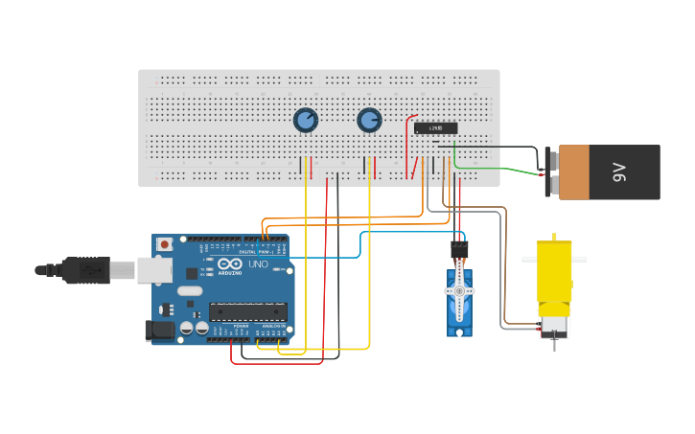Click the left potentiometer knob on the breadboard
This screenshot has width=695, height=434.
(x=305, y=120)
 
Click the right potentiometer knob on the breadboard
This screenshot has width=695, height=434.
(x=369, y=120)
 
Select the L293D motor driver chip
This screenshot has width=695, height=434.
(x=435, y=128)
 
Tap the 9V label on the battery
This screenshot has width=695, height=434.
(x=619, y=172)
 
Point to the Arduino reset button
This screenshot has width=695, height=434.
(x=165, y=244)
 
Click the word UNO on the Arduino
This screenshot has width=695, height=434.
(x=258, y=264)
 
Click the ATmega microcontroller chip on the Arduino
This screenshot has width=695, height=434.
(x=248, y=310)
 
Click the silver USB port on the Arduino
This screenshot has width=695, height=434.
(x=155, y=271)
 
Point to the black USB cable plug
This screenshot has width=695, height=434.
(x=86, y=271)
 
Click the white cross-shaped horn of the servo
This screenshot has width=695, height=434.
(x=460, y=292)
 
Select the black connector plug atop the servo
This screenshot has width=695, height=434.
(x=460, y=249)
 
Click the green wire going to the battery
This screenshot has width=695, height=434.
(x=498, y=171)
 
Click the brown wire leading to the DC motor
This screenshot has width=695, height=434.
(x=501, y=278)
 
